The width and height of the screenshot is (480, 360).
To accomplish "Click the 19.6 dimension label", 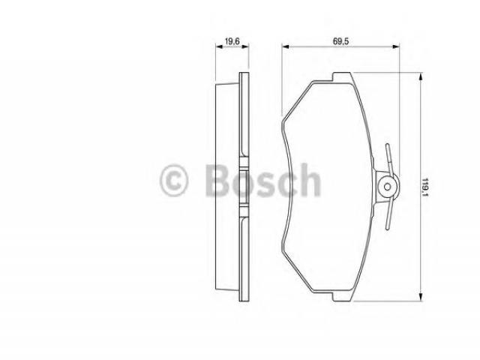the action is tap(232, 40).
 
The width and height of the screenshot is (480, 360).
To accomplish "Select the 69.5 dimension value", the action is tap(341, 40).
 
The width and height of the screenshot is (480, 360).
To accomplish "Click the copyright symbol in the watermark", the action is tap(173, 180).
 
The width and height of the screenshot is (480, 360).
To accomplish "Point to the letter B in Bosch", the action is tap(219, 180).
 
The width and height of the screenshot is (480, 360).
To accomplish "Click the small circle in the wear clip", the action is tap(388, 187).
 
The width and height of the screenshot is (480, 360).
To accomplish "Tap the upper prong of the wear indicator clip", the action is tap(388, 158).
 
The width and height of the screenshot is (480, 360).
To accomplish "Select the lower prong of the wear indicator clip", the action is tap(389, 214).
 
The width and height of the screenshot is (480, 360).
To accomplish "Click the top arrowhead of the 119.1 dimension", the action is tap(421, 76).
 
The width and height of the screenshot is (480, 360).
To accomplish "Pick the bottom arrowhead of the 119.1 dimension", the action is tap(421, 297).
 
